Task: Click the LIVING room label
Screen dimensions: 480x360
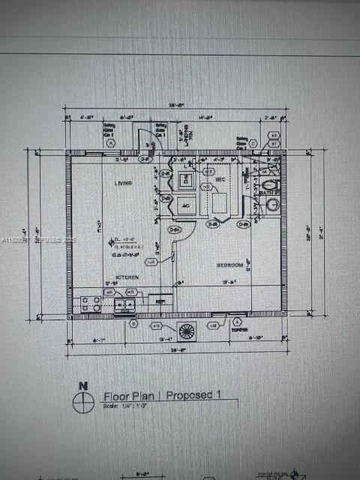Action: click(x=123, y=183)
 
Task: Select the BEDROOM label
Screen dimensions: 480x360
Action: click(x=230, y=265)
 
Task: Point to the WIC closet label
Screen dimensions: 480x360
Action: click(x=220, y=180)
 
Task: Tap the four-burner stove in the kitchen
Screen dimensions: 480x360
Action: click(x=91, y=304)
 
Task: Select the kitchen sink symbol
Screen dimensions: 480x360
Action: click(x=124, y=304)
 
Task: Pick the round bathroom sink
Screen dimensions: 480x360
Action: click(x=272, y=205)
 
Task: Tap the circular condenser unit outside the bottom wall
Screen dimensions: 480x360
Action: click(x=186, y=329)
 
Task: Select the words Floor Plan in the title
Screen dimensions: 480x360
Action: click(x=130, y=395)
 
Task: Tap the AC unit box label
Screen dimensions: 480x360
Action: click(x=186, y=205)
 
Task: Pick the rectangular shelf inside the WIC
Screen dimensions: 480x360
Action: click(x=220, y=203)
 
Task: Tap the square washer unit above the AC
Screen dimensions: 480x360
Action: click(x=186, y=180)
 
